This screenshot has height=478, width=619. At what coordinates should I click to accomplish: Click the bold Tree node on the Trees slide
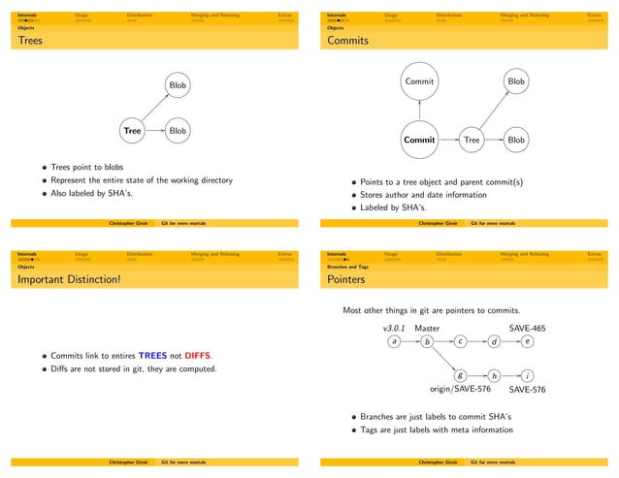click(133, 130)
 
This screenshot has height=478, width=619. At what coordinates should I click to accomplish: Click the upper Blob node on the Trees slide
click(178, 86)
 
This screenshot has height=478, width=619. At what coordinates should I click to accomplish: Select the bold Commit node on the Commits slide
click(419, 140)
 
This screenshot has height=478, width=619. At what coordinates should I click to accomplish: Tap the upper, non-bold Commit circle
click(419, 82)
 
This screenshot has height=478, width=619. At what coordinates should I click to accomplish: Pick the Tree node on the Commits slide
click(472, 140)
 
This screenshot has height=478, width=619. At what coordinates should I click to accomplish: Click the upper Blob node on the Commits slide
click(516, 82)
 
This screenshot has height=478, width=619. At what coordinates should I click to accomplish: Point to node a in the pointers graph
click(393, 341)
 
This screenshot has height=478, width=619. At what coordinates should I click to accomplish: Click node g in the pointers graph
click(460, 375)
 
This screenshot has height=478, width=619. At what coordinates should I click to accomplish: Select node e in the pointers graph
click(527, 341)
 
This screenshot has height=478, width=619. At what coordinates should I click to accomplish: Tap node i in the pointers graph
click(527, 375)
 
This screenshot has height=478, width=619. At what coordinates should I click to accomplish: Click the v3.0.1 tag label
click(393, 328)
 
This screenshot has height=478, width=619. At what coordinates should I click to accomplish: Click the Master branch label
click(428, 328)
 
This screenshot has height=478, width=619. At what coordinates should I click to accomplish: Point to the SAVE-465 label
click(527, 328)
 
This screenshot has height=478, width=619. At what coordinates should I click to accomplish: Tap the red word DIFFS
click(198, 356)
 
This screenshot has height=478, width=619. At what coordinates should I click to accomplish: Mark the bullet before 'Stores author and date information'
click(354, 194)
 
